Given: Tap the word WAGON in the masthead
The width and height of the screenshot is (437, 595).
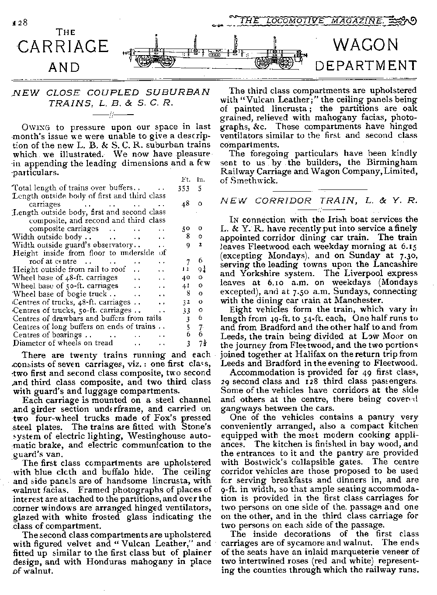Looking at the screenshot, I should click(x=366, y=45).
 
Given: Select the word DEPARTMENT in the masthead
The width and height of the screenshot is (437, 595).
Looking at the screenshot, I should click(x=366, y=66).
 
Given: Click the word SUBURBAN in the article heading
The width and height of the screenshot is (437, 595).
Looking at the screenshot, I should click(x=179, y=92).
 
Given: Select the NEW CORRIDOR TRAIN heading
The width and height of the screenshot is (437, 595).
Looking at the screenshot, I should click(x=319, y=201).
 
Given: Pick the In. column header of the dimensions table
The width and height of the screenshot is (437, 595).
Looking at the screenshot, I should click(x=201, y=179).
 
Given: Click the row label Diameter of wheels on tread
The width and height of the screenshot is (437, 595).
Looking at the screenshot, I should click(x=63, y=343).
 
